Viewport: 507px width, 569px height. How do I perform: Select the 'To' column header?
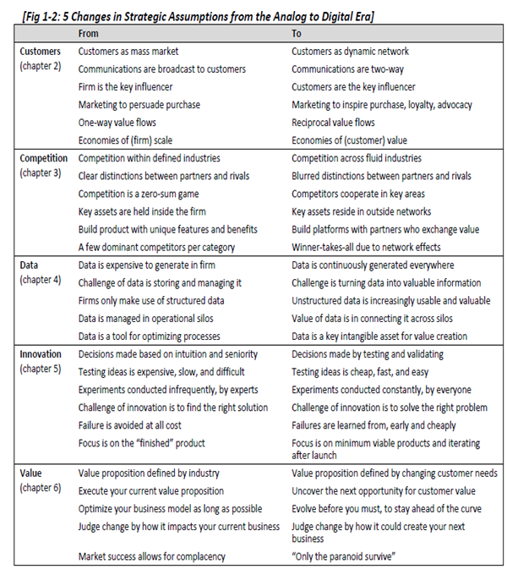click(297, 33)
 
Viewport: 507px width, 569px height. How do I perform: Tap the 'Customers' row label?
click(40, 52)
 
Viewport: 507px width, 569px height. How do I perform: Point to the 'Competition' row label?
click(44, 158)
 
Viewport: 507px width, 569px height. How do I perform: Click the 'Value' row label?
click(31, 473)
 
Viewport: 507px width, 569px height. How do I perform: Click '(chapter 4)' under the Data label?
click(41, 280)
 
